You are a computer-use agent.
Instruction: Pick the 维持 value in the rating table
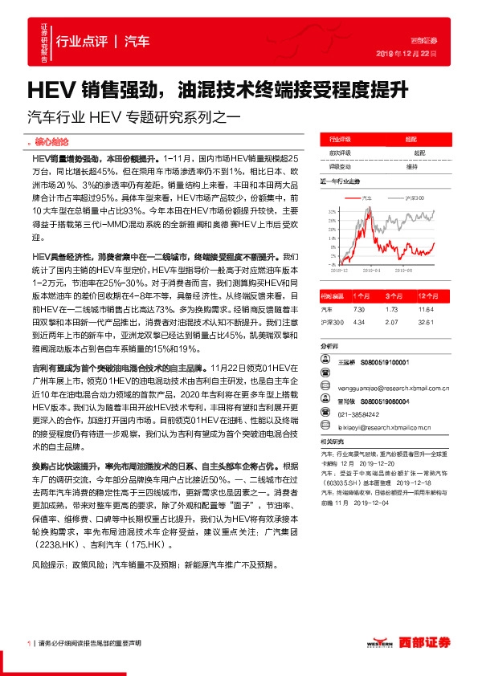pos(411,166)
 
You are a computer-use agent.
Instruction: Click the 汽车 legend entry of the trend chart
pos(366,195)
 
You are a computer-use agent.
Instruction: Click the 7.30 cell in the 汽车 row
pos(359,308)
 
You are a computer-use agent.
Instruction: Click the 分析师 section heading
pos(330,346)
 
